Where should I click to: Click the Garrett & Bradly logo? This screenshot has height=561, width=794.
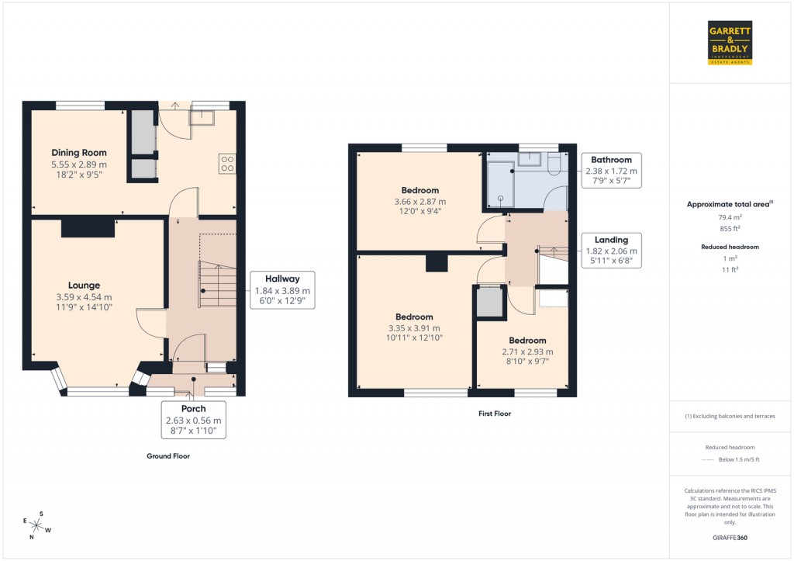coord(730,43)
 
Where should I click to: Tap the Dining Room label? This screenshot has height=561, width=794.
coord(79,153)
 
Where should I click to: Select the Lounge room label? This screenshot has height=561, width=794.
coord(84,286)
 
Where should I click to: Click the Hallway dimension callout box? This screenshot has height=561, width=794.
coord(282,290)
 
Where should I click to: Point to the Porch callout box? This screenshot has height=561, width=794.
coord(194,420)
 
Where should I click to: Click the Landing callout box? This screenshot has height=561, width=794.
coord(612,251)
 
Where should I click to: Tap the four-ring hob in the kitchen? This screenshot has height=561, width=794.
coord(228,164)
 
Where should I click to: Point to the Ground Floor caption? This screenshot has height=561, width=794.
coord(168,456)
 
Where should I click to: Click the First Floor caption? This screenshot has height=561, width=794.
coord(495,414)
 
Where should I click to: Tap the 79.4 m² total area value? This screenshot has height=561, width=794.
coord(728,218)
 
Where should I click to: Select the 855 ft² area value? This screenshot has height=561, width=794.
coord(728,229)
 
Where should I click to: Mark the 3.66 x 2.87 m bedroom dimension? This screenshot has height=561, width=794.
coord(420,202)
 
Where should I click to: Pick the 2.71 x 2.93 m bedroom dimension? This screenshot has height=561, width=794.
coord(527,351)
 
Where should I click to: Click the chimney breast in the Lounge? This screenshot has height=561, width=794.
coord(88,227)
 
